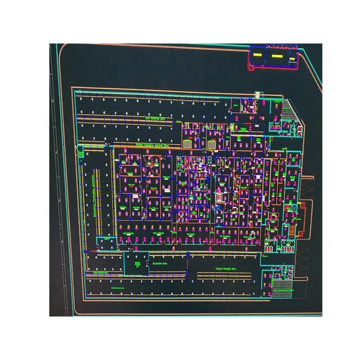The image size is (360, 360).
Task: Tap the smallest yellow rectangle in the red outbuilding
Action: pos(290,55)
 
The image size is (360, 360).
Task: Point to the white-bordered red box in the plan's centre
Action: pos(221,197)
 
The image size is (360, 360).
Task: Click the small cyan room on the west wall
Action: pos(80,153)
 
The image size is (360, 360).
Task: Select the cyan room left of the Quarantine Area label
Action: pos(138,264)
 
